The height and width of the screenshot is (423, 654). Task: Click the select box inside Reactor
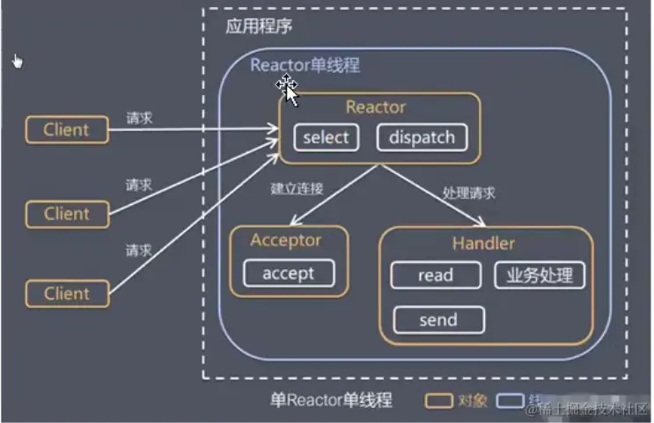pos(326,137)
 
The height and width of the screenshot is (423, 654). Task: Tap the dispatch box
pos(422,137)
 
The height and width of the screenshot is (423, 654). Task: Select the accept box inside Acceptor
pos(288,273)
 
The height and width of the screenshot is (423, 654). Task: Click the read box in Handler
pos(435,275)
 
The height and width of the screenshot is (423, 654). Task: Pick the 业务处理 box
pos(540,275)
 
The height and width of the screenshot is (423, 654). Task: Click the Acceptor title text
pos(286,240)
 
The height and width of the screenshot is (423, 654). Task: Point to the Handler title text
pos(483,244)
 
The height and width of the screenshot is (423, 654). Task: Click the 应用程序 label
pos(259,26)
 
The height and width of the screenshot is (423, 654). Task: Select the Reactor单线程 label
pos(305,65)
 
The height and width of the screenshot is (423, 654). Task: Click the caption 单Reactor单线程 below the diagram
pos(330,400)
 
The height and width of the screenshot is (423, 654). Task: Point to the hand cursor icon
pos(17,61)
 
